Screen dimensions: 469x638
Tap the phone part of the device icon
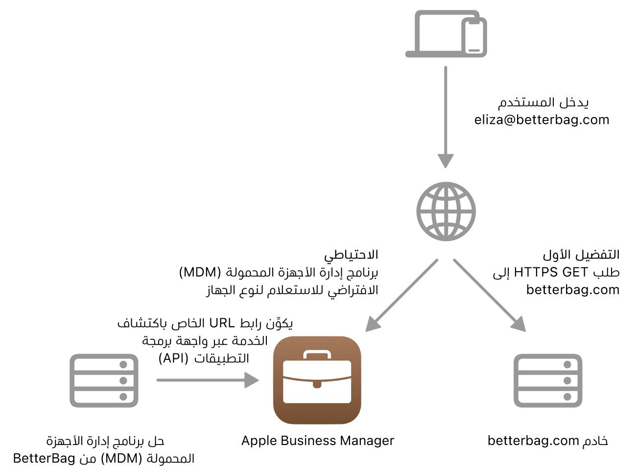(x=474, y=36)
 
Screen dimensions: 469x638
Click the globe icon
(x=446, y=211)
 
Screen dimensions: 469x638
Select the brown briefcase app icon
(x=317, y=380)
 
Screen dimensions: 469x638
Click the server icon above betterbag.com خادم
(x=547, y=380)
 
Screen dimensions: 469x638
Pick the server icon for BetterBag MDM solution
(x=104, y=380)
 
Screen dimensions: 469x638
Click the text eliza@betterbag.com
(x=542, y=120)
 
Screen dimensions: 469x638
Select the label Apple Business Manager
(x=317, y=441)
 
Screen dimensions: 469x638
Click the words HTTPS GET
(x=551, y=272)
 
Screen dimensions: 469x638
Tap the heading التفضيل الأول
(x=581, y=255)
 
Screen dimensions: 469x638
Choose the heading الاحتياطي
(x=351, y=255)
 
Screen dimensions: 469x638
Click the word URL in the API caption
(x=222, y=323)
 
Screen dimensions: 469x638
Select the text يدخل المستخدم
(x=543, y=102)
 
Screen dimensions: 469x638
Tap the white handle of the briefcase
(x=317, y=354)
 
